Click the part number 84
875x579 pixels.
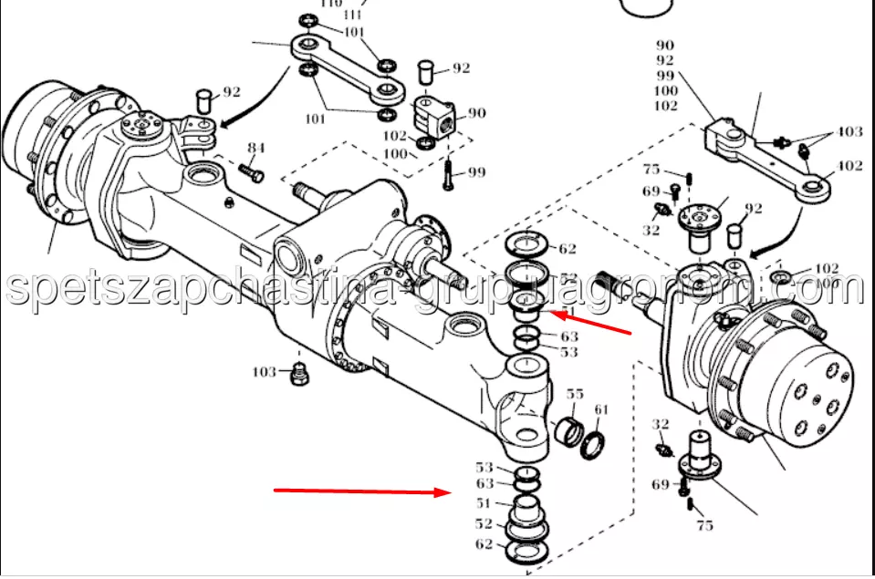click(255, 148)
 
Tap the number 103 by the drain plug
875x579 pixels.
click(265, 372)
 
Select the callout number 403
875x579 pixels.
click(849, 132)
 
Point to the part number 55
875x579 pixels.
click(575, 395)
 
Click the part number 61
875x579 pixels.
click(601, 409)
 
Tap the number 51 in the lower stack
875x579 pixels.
click(484, 504)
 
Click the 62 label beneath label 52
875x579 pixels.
click(484, 544)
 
